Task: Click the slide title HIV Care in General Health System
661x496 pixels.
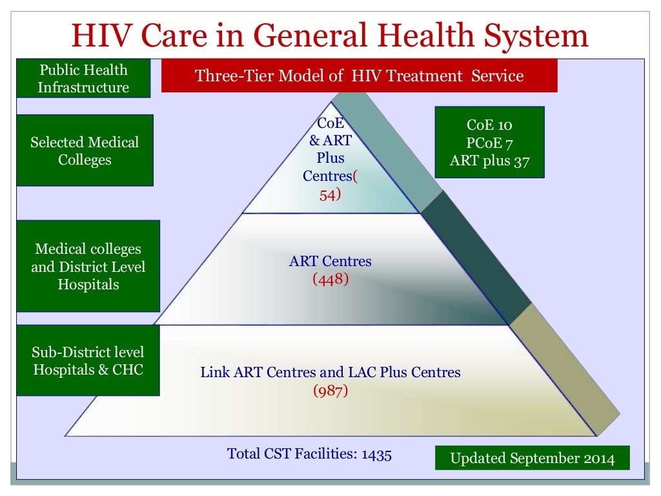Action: point(330,35)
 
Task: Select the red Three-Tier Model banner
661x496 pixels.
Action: point(359,76)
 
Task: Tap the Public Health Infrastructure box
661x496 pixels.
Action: point(83,79)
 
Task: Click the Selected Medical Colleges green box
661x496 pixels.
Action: point(85,150)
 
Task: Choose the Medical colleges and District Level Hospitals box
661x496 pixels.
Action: point(88,266)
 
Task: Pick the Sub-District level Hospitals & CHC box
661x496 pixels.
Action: point(88,360)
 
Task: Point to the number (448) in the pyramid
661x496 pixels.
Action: point(330,279)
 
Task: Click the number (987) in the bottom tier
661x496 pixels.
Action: point(330,391)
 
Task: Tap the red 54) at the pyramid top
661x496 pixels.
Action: point(330,194)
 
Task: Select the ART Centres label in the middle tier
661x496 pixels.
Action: point(330,262)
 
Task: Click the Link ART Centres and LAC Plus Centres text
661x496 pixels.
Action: point(330,373)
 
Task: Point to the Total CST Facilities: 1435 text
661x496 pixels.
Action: point(309,454)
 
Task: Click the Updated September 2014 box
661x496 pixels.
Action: point(532,459)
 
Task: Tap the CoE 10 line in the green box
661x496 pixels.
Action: point(489,125)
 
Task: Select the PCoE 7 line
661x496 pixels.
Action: point(489,143)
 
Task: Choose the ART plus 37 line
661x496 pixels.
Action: point(489,161)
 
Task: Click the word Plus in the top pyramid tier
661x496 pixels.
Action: point(330,158)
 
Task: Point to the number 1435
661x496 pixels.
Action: point(376,454)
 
